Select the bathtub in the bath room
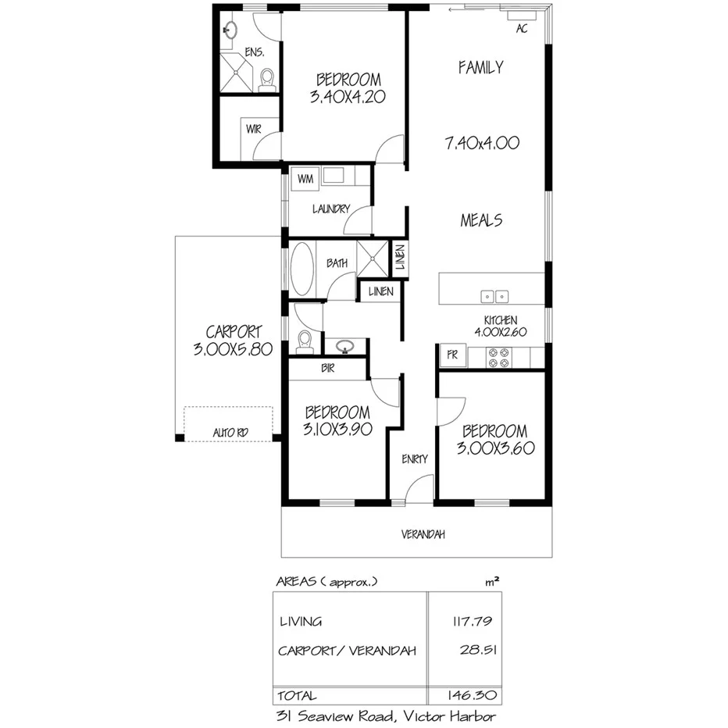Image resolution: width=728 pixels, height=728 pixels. (x=302, y=269)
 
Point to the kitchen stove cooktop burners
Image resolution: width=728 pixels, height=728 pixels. (x=499, y=357)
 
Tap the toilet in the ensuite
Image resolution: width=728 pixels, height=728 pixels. (x=267, y=79)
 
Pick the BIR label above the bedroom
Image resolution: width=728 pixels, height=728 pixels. (x=328, y=369)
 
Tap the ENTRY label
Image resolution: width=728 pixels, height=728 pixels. (x=414, y=459)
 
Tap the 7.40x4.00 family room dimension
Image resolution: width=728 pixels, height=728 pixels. (x=481, y=144)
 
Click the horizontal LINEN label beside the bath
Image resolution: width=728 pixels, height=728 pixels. (x=381, y=292)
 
